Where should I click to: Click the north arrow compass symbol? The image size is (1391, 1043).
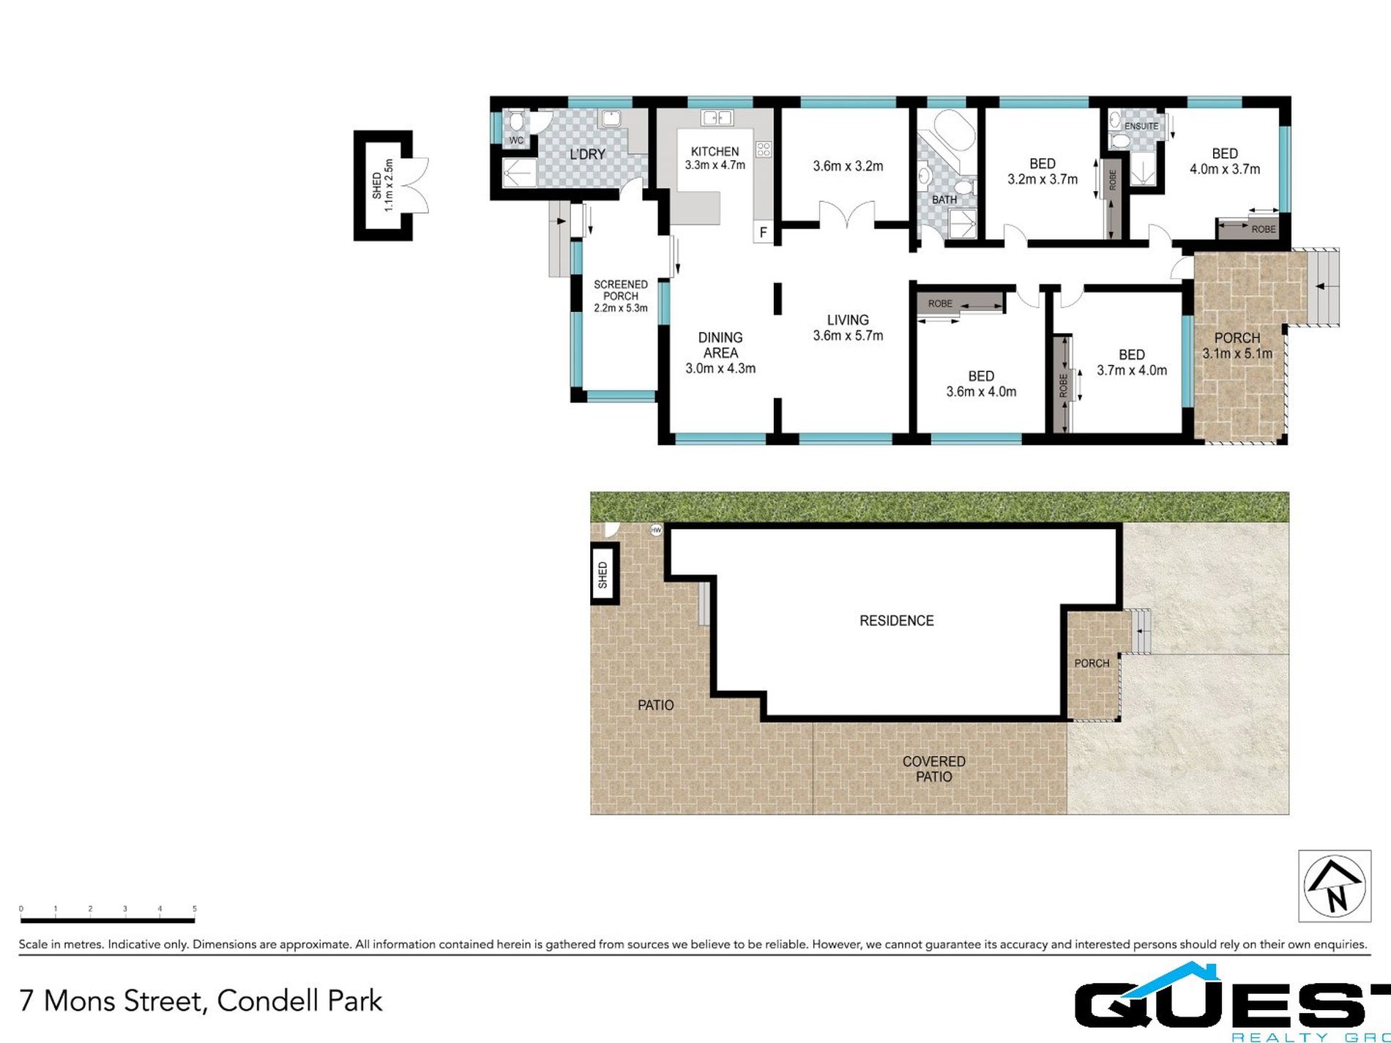pos(1334,885)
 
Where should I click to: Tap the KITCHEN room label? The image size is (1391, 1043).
pos(715,152)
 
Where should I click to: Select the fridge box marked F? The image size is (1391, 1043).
pos(763,233)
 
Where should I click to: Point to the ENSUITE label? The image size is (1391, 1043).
pos(1141,126)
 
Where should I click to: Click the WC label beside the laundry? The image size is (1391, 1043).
pos(515,141)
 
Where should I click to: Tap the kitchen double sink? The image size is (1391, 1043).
pos(717,117)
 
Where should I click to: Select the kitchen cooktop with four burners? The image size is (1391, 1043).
pos(764,149)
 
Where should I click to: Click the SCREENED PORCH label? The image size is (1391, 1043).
pos(620,290)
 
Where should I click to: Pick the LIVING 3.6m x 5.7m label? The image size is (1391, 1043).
pos(848,327)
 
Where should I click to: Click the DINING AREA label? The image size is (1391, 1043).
pos(720,345)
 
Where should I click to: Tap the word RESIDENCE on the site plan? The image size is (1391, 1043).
pos(896,621)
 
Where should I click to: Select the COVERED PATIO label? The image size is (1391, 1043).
pos(933,769)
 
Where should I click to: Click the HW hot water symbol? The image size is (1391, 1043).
pos(656,530)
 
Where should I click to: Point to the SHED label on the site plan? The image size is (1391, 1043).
pos(603,575)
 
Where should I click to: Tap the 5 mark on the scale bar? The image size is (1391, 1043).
pos(194,909)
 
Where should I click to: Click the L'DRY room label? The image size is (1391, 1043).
pos(587,154)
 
